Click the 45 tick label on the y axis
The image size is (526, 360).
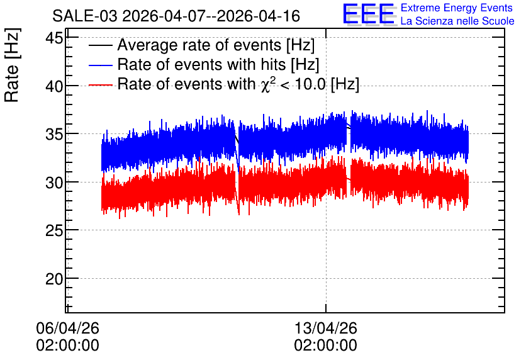click(x=54, y=38)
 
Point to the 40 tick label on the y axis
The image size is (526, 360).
click(x=54, y=86)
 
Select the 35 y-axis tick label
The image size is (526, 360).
click(x=54, y=134)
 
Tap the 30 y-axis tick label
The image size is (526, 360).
click(x=54, y=183)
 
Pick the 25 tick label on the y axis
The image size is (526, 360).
click(x=54, y=230)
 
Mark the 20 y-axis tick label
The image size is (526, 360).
click(x=54, y=279)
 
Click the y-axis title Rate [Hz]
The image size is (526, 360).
click(x=12, y=65)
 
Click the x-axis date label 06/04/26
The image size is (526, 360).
click(x=67, y=328)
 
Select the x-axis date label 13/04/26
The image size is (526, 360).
click(x=326, y=328)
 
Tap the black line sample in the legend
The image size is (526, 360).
click(x=100, y=45)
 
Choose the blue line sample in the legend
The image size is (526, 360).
click(x=100, y=65)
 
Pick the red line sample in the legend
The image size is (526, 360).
click(x=100, y=85)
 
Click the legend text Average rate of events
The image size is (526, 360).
click(x=199, y=45)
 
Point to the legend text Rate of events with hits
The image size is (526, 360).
click(x=201, y=64)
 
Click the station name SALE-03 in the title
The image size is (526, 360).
click(x=85, y=16)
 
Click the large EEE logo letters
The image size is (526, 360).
click(x=369, y=14)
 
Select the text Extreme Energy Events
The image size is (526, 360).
click(x=457, y=8)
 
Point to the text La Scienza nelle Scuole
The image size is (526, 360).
click(x=457, y=21)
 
